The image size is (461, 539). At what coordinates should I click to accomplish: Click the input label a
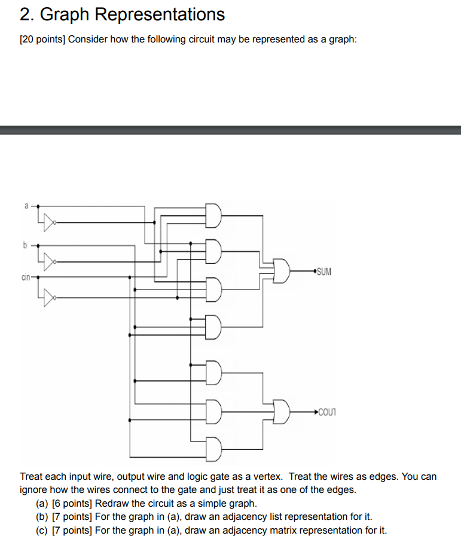coord(26,206)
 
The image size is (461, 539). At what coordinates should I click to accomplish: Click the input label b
coord(25,245)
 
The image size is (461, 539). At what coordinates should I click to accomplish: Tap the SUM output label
coord(323,272)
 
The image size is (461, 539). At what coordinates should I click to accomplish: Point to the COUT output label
coord(328,412)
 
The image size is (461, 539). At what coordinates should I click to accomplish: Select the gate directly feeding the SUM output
coord(281,272)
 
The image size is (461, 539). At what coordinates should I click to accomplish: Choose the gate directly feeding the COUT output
coord(281,412)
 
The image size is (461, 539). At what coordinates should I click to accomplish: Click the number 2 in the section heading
coord(25,14)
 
